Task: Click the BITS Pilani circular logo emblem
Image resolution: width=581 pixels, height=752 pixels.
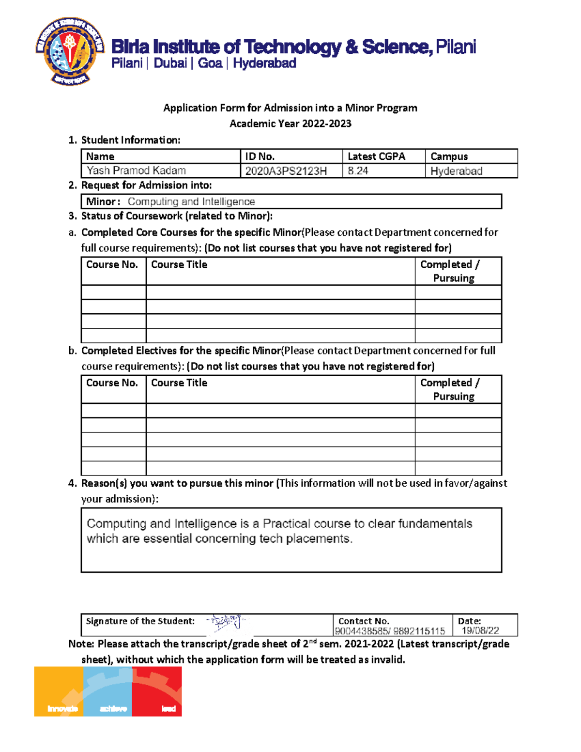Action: (x=70, y=51)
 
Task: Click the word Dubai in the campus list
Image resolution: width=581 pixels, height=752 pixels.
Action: (x=170, y=63)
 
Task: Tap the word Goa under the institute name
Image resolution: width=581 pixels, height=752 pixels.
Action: (x=210, y=63)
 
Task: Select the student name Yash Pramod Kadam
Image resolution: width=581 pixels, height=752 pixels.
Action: (x=136, y=170)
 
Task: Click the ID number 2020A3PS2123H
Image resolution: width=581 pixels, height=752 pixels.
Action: (x=286, y=171)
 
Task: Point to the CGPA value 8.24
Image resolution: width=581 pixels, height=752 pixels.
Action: (x=358, y=171)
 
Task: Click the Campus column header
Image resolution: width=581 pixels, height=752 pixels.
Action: (x=449, y=156)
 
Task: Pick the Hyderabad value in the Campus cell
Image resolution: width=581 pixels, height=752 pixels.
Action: (x=456, y=171)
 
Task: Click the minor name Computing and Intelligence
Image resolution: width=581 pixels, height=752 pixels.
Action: (x=191, y=201)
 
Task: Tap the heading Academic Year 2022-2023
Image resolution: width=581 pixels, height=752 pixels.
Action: (x=290, y=123)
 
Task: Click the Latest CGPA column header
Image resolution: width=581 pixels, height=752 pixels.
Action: (x=376, y=156)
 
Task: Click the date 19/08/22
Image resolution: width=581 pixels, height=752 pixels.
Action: (x=480, y=630)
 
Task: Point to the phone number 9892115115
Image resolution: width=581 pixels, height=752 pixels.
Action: (x=419, y=631)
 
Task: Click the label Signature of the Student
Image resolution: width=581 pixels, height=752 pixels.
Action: (x=140, y=621)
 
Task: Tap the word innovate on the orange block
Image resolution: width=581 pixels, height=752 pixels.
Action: (x=62, y=709)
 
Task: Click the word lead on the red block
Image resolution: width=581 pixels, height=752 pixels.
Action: (x=168, y=709)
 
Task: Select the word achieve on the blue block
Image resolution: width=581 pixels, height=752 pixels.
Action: (x=113, y=709)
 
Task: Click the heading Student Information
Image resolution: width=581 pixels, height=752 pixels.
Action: (x=130, y=140)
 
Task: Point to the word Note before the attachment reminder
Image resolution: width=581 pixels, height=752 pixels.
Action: (x=80, y=644)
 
